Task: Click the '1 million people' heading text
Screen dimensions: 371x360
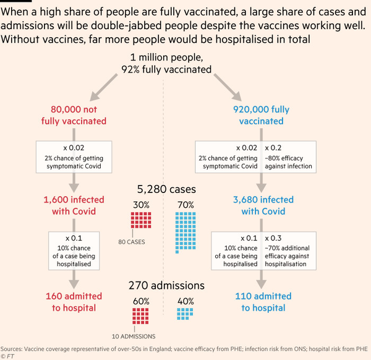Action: pos(166,58)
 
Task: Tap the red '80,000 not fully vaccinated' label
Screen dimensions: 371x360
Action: pos(74,115)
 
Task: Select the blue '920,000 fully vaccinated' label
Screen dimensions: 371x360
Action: pos(261,115)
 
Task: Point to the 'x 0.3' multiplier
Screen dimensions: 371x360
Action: pos(273,238)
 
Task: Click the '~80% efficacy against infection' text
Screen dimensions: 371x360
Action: pos(288,162)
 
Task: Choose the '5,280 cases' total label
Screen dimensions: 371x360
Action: pos(166,189)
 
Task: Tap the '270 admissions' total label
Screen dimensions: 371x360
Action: pos(166,285)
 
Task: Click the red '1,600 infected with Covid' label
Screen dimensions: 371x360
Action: pos(74,205)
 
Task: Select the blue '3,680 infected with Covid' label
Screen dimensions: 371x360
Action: pos(263,205)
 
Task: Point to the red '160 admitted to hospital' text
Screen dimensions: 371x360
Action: pos(74,302)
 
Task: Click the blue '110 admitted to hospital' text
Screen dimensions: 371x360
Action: pos(263,302)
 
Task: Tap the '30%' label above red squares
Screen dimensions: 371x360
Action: pos(141,205)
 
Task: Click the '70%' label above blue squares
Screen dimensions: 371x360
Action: pos(185,205)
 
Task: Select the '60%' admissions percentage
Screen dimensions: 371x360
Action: pos(141,301)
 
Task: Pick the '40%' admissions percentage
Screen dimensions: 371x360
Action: pos(185,301)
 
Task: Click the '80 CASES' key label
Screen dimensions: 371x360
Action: pos(132,242)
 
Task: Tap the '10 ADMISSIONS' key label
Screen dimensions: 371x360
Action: pos(134,336)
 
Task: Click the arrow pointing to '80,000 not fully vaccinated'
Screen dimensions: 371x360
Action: pos(103,87)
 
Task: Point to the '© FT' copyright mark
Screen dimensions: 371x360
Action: pos(7,356)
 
